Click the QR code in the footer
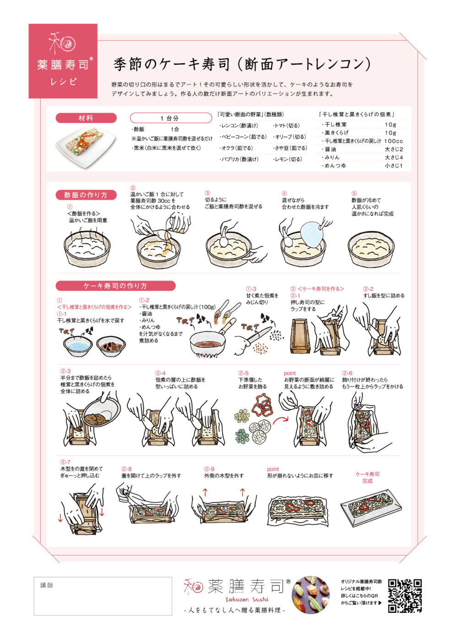click(x=404, y=595)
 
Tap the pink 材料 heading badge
click(x=86, y=118)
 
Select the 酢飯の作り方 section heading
click(x=86, y=195)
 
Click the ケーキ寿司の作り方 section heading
click(x=115, y=286)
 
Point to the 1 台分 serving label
click(x=169, y=118)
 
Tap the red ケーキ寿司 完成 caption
click(x=367, y=478)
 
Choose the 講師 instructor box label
click(x=47, y=585)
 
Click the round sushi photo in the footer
click(x=311, y=595)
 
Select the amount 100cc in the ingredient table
click(x=394, y=141)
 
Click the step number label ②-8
click(x=126, y=469)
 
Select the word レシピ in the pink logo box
click(x=63, y=82)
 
